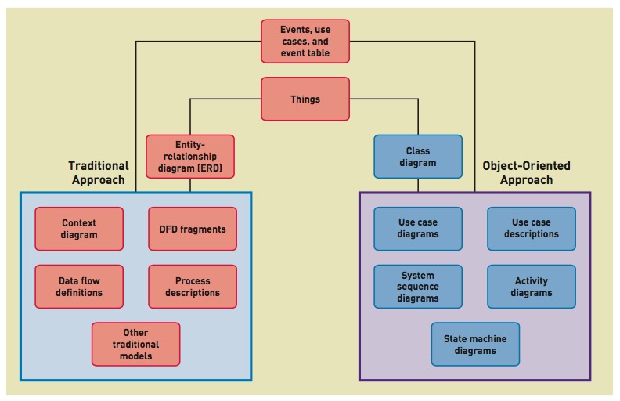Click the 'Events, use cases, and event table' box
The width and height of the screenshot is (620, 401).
[305, 42]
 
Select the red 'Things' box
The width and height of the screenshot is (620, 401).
[305, 99]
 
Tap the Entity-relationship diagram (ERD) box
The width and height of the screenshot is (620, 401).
[190, 157]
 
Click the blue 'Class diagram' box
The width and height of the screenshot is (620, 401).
[417, 157]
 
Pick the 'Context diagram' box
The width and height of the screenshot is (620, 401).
[79, 229]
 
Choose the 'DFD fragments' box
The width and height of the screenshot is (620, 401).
[192, 229]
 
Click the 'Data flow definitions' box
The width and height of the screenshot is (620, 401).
[79, 287]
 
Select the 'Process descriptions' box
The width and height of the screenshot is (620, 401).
[192, 287]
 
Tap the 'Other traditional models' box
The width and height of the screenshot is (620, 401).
[135, 344]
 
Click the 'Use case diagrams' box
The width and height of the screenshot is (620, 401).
[417, 229]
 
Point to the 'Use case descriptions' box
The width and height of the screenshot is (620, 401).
[531, 229]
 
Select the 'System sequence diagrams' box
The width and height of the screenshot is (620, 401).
[417, 287]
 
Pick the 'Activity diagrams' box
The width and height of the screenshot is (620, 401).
[531, 287]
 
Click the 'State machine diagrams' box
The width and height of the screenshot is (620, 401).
[474, 344]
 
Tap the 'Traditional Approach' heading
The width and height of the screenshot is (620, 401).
[98, 172]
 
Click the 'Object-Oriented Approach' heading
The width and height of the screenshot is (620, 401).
[526, 172]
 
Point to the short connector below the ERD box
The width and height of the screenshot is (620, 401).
[190, 185]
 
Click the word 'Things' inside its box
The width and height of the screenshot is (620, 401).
[305, 99]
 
